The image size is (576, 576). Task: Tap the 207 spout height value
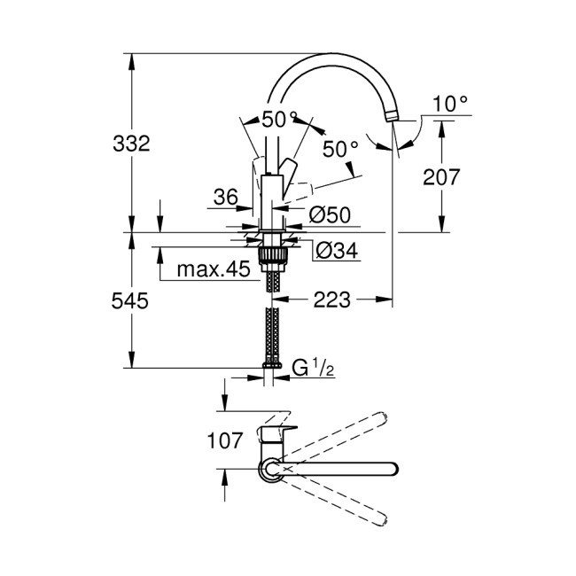440,176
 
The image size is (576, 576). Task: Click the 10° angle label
450,105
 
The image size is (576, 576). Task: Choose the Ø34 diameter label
337,252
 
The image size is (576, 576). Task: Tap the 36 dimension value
227,198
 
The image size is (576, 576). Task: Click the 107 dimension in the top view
223,440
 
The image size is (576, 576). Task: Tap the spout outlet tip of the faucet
392,116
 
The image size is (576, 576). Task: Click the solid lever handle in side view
289,168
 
